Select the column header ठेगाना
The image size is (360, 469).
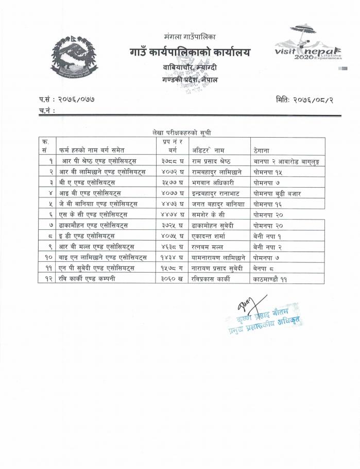pos(263,150)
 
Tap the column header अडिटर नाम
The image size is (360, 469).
pos(209,150)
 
